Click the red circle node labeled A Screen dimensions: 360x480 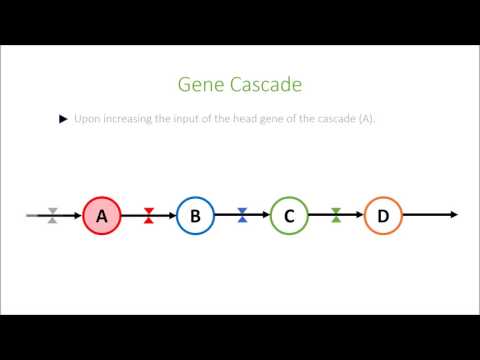point(101,215)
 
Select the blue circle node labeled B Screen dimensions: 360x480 point(196,215)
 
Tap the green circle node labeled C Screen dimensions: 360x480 point(289,215)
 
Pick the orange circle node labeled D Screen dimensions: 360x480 point(383,215)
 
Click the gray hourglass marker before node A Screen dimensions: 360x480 point(53,215)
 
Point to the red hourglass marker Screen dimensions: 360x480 point(149,215)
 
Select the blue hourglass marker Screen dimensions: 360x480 point(242,215)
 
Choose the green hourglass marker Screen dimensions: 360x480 point(337,215)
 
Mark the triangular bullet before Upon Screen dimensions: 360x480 point(64,119)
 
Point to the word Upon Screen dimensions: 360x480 point(86,119)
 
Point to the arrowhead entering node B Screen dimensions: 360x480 point(172,215)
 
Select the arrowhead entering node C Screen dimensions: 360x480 point(266,215)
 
